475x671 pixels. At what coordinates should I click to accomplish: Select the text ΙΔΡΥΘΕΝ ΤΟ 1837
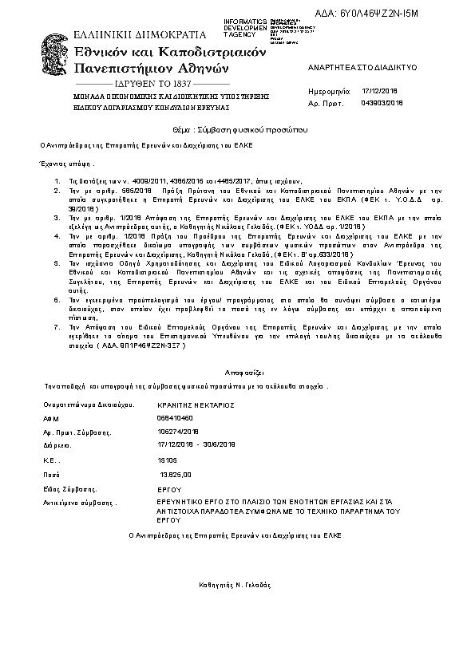[151, 83]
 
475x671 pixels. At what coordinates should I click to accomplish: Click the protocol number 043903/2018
[383, 103]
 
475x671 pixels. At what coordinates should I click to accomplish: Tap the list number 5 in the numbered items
[57, 262]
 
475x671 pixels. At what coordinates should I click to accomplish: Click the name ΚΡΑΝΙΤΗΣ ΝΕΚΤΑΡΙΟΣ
[196, 405]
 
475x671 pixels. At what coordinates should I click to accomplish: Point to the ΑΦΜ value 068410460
[176, 417]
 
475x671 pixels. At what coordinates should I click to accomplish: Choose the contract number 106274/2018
[179, 431]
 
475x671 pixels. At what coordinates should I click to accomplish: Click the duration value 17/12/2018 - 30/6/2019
[196, 444]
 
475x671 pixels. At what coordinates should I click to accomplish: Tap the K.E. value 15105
[168, 460]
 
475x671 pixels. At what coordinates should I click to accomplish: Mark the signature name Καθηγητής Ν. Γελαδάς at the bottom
[236, 585]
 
